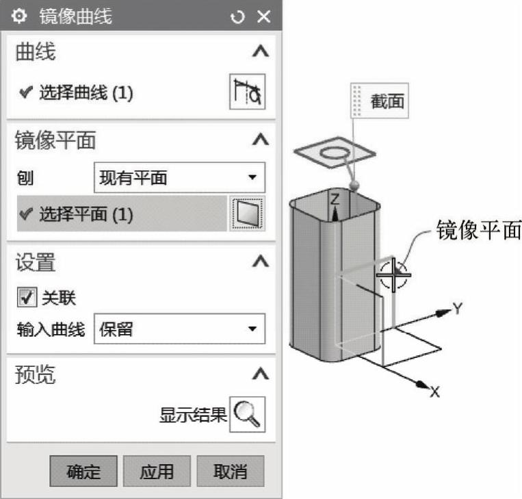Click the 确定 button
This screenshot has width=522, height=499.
[83, 471]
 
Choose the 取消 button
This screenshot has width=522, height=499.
[230, 471]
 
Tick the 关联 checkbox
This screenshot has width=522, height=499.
[27, 298]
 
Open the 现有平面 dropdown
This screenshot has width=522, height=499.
[178, 179]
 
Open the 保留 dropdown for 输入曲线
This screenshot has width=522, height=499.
[178, 329]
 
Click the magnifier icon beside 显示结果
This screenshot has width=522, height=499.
[247, 413]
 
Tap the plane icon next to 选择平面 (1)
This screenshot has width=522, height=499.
[247, 214]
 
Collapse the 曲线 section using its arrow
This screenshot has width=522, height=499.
[259, 51]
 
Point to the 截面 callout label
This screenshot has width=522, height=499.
[387, 101]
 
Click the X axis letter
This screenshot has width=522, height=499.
[434, 392]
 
